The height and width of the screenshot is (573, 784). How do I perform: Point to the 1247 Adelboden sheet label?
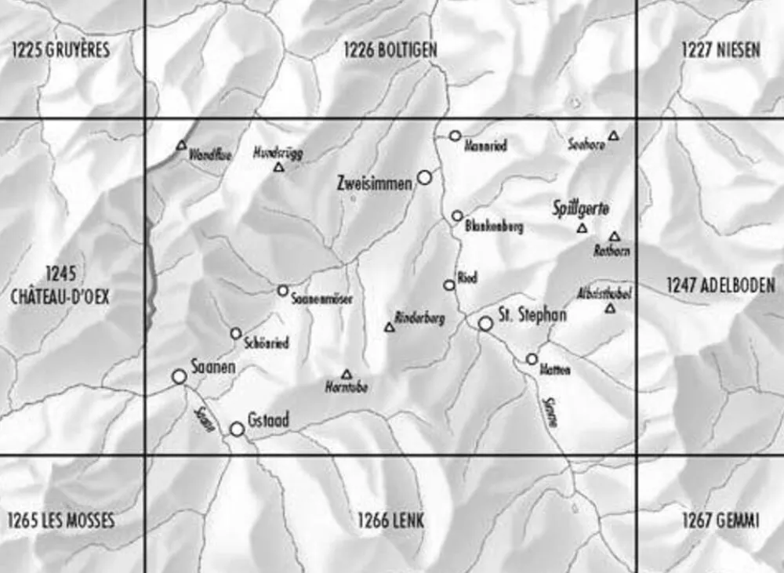tap(720, 285)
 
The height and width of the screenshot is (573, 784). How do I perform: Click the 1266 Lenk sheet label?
tap(390, 520)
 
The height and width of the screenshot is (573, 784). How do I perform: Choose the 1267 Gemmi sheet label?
tap(720, 520)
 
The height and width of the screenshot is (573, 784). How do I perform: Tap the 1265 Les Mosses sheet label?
tap(61, 520)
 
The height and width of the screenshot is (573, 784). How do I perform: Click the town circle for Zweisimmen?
tap(424, 178)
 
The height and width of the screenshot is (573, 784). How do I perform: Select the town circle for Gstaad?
tap(237, 429)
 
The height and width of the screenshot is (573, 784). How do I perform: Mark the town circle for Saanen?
tap(180, 377)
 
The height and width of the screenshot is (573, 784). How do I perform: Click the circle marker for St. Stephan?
tap(486, 323)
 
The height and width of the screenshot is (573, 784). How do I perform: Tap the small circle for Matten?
tap(532, 359)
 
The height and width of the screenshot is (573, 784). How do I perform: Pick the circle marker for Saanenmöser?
tap(283, 291)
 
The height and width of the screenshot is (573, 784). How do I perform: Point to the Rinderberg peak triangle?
tap(390, 328)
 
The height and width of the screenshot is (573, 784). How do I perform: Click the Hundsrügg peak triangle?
tap(278, 167)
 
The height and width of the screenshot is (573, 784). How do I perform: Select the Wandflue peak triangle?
tap(182, 145)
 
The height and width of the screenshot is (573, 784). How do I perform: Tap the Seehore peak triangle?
tap(614, 136)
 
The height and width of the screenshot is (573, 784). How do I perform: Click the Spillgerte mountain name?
tap(581, 209)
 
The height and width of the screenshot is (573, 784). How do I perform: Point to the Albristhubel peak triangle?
tap(610, 309)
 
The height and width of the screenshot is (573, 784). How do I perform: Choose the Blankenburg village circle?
tap(457, 216)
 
